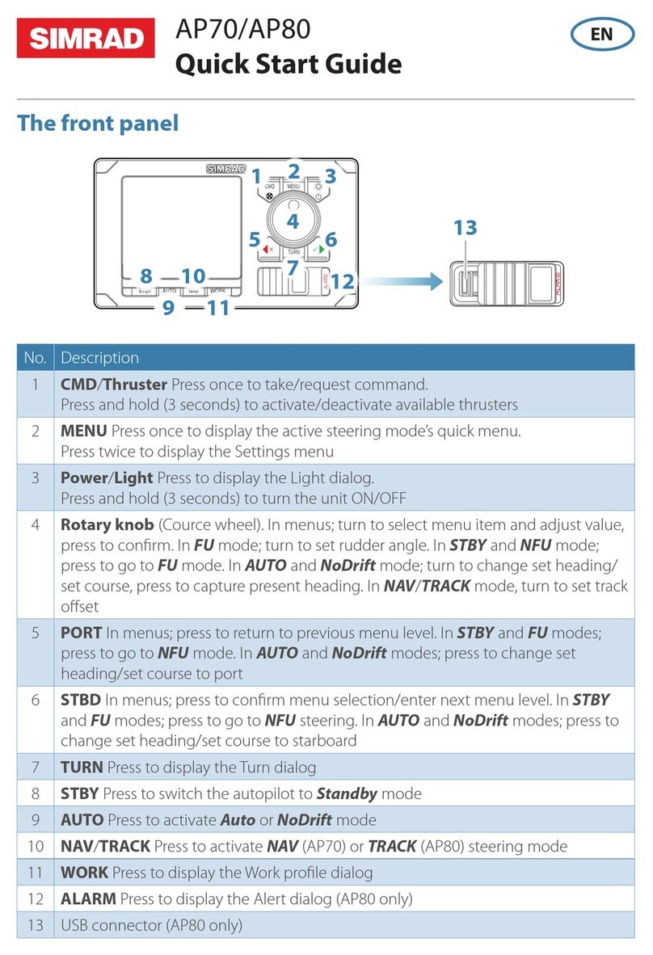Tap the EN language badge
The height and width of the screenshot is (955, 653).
click(x=601, y=34)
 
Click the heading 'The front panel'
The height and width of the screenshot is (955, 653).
click(x=98, y=124)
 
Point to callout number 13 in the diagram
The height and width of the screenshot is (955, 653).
click(x=466, y=229)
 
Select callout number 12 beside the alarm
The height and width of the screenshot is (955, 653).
click(x=343, y=281)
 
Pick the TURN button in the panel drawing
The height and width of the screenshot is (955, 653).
click(x=293, y=252)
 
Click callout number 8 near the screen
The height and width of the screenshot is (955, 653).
click(x=145, y=276)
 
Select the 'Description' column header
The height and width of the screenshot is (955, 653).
click(x=99, y=357)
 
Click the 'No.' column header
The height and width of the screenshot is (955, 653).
click(x=35, y=357)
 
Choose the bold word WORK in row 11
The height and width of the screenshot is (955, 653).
click(x=84, y=873)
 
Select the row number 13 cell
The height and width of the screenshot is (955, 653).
click(x=35, y=925)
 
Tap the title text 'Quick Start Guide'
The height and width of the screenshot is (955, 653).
click(x=288, y=63)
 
